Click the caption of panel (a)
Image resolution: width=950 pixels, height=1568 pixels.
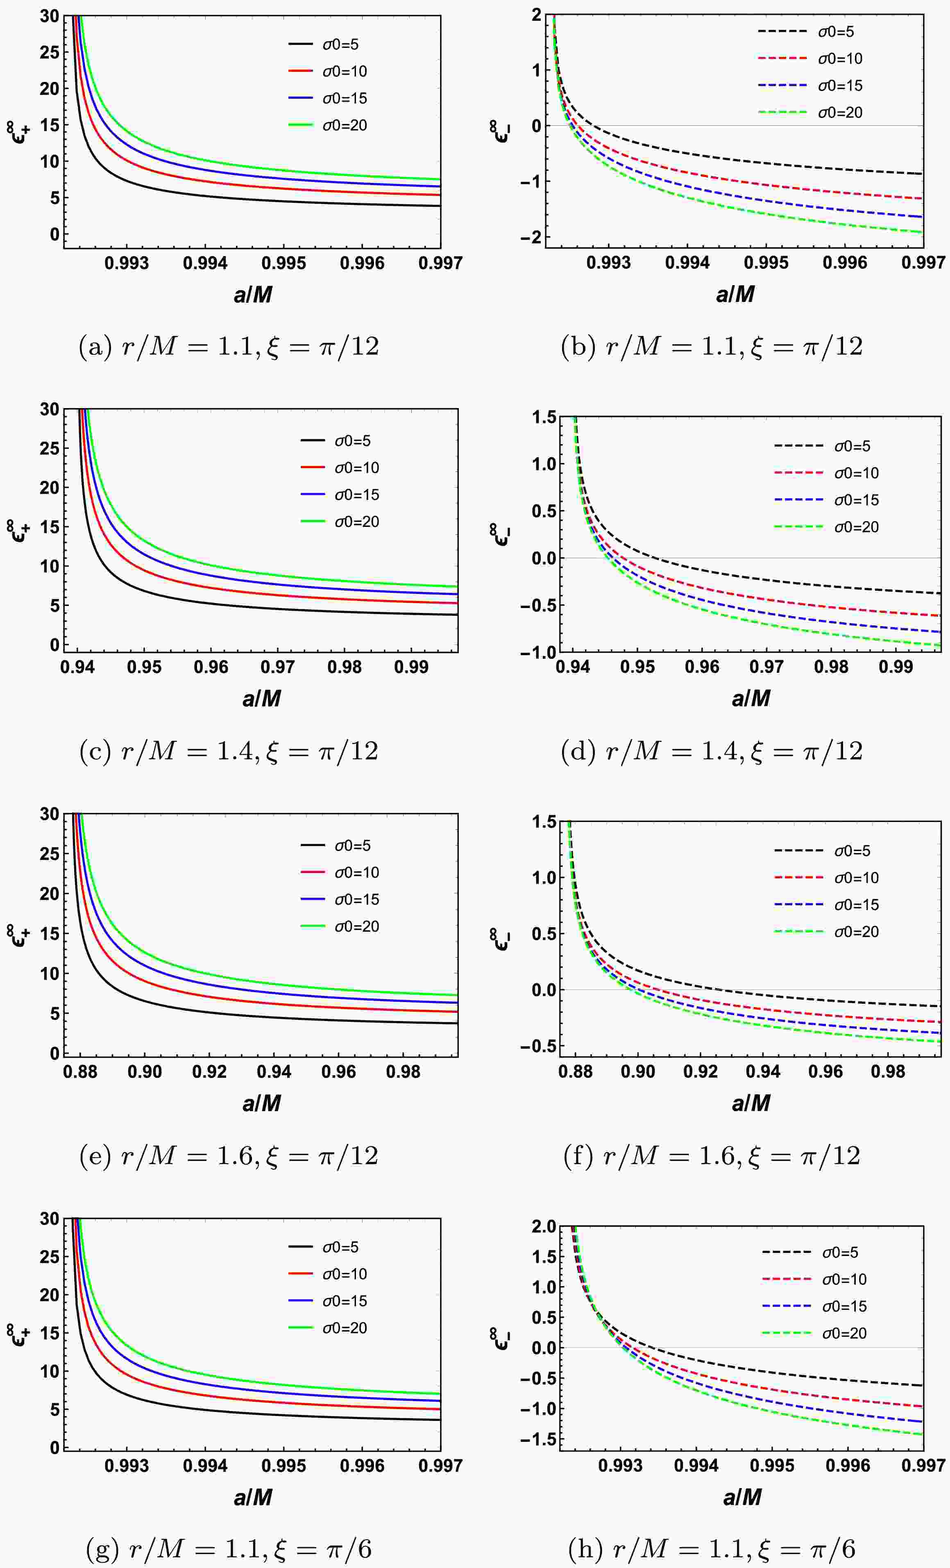229,347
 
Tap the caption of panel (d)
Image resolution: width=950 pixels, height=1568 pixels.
712,751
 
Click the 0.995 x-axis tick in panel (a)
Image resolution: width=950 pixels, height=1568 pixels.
284,263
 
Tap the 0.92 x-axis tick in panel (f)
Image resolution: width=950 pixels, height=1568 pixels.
700,1072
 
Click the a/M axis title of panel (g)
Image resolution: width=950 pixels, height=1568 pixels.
253,1498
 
